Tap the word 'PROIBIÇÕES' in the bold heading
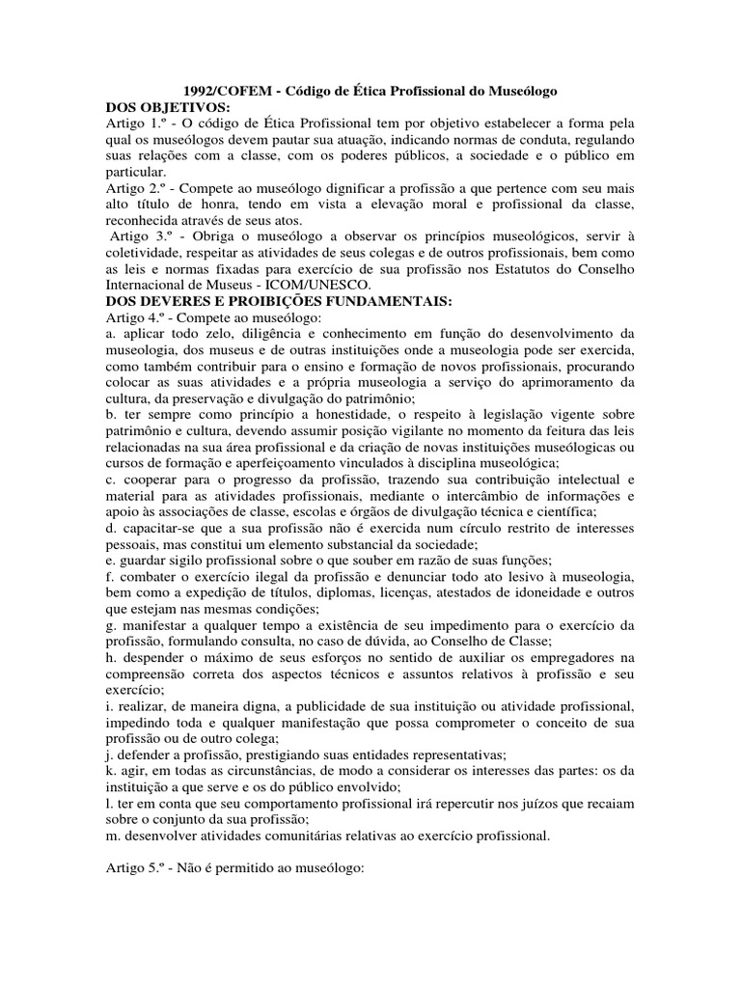pyautogui.click(x=307, y=302)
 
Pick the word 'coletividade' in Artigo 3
pyautogui.click(x=142, y=253)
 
